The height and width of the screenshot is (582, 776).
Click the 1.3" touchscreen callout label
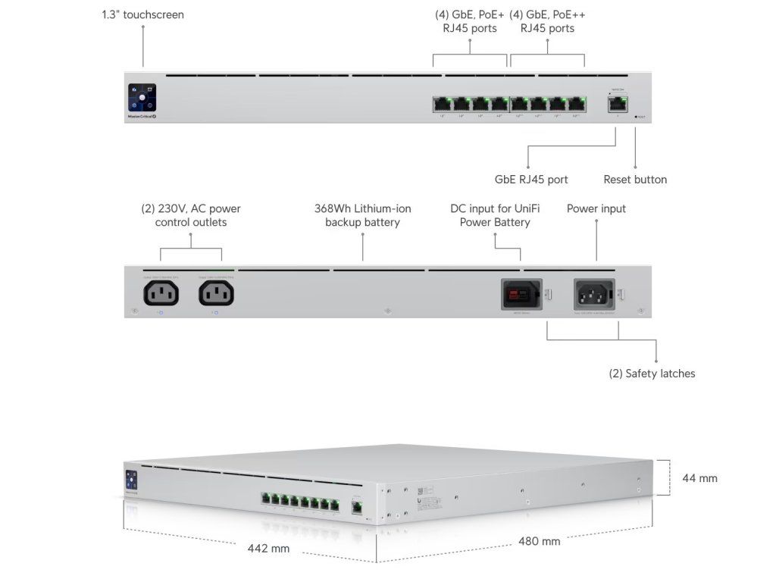(x=142, y=14)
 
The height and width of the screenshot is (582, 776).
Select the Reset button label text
(x=635, y=180)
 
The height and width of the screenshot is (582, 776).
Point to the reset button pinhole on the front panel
(x=635, y=117)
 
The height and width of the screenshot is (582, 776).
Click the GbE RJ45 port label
(x=530, y=180)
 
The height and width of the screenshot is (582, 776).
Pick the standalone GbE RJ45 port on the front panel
(x=615, y=103)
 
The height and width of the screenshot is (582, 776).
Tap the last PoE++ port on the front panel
(x=577, y=105)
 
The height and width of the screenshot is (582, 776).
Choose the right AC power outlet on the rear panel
(x=216, y=293)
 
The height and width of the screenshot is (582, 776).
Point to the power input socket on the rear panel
(x=595, y=293)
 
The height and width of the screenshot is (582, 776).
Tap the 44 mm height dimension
(x=699, y=478)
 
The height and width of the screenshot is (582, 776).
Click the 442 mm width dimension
(x=269, y=548)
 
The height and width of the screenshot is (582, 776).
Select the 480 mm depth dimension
(x=539, y=541)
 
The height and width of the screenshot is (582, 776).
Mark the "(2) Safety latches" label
(x=652, y=374)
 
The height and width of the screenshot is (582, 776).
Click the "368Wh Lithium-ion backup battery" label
(x=362, y=215)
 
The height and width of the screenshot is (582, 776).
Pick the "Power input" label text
(x=596, y=208)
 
